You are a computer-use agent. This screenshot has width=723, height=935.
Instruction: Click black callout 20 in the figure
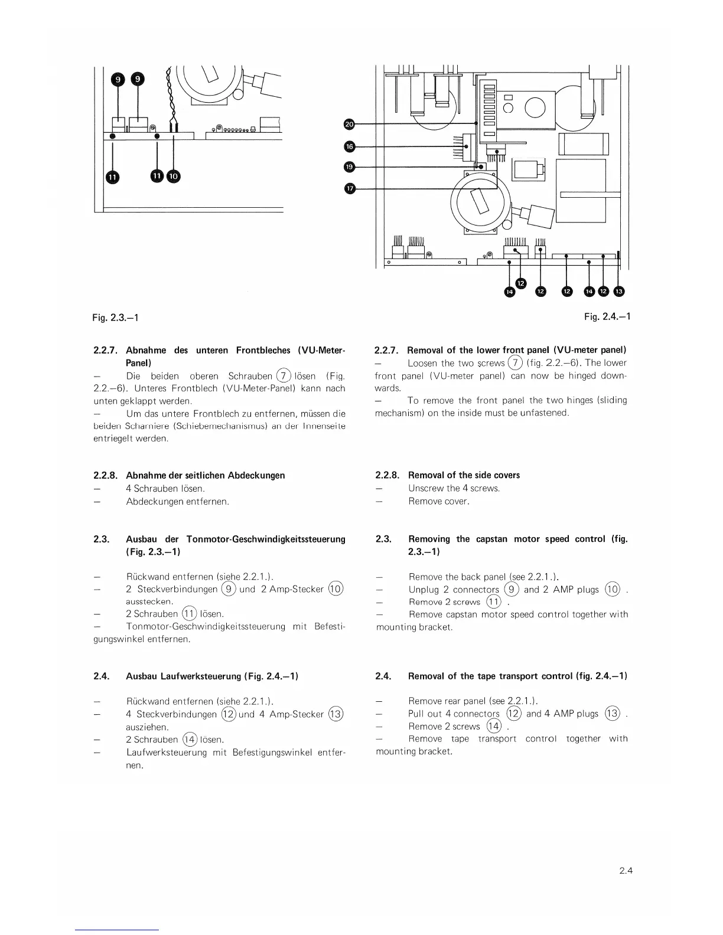click(x=349, y=124)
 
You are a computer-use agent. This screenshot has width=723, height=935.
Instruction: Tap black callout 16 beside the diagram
click(x=349, y=146)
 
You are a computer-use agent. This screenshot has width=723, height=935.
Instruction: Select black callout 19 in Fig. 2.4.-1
click(x=349, y=167)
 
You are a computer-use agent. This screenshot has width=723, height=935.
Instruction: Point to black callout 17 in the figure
click(x=349, y=188)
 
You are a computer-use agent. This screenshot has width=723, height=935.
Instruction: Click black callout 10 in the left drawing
click(x=174, y=176)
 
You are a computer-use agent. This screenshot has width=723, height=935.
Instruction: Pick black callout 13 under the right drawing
click(x=618, y=291)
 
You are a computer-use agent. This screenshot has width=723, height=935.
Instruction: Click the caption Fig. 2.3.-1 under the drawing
click(x=115, y=318)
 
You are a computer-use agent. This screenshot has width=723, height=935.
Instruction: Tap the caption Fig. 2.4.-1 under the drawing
click(x=607, y=317)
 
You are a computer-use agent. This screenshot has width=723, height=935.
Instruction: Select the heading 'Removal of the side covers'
click(x=464, y=475)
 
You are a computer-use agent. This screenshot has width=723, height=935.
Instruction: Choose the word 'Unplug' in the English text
click(x=424, y=590)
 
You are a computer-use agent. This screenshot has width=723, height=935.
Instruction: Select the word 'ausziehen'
click(x=147, y=727)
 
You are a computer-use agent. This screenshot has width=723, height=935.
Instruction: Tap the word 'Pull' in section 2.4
click(x=417, y=714)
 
